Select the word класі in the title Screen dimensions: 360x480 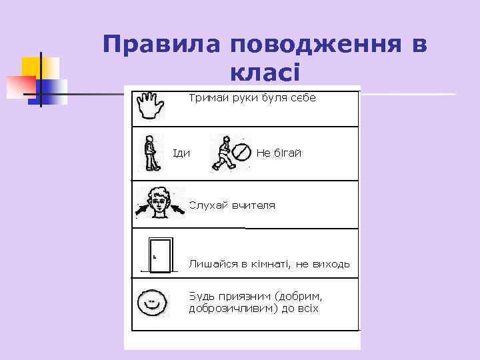coord(264,71)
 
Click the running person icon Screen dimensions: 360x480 coord(224,153)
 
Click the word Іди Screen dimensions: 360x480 coord(181,153)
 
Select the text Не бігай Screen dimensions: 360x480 coord(279,153)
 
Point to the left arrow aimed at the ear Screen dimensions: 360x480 coord(143,211)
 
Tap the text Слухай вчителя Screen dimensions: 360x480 coord(232,205)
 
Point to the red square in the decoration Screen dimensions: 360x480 coord(20,86)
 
